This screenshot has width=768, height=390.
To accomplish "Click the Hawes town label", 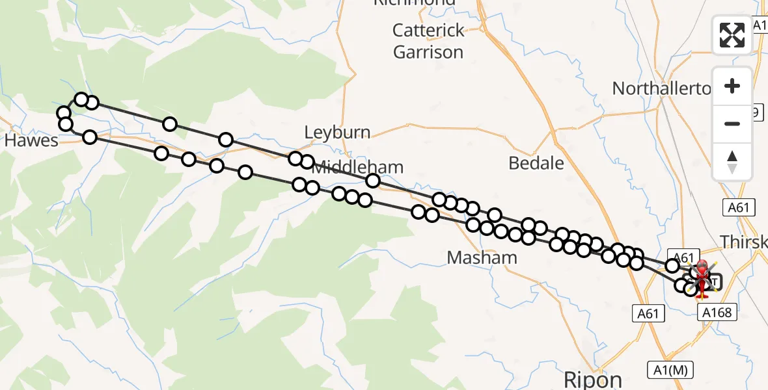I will [x=32, y=140].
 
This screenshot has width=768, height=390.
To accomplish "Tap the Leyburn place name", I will [x=337, y=133].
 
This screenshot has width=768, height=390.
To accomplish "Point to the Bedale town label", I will [x=536, y=163].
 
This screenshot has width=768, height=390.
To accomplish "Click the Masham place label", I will [x=482, y=258].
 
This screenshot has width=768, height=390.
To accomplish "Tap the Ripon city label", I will [x=592, y=379].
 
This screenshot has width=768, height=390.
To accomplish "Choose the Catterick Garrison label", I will [x=429, y=41].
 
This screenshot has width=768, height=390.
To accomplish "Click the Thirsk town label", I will [x=743, y=242].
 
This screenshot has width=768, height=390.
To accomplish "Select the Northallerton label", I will [x=661, y=88].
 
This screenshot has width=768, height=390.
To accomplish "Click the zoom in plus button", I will [x=732, y=86].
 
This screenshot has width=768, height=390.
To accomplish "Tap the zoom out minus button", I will [x=732, y=123].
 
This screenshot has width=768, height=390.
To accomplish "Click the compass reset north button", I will [x=732, y=161].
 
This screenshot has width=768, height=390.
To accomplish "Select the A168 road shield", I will [x=718, y=313].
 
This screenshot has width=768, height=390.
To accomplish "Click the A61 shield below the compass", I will [x=738, y=207].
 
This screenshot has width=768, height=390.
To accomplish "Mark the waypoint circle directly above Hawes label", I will [x=65, y=123].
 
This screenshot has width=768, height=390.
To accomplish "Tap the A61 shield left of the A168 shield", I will [x=648, y=313].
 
